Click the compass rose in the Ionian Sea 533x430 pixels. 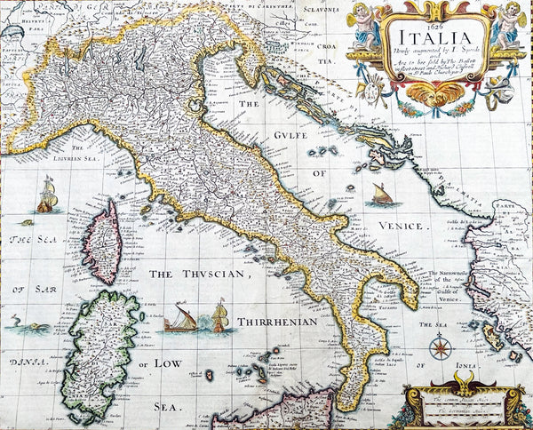click(440, 347)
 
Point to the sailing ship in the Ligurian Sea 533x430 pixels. click(47, 195)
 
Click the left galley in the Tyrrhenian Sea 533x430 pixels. click(181, 318)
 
